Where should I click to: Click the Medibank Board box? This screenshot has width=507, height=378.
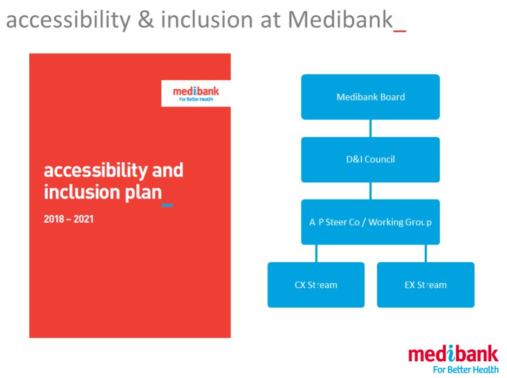(x=370, y=97)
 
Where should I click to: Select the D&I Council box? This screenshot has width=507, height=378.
(x=370, y=160)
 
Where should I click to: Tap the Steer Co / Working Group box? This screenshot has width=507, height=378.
(x=370, y=222)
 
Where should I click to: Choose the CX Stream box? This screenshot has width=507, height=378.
(x=316, y=284)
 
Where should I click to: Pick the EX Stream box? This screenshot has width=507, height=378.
(x=425, y=284)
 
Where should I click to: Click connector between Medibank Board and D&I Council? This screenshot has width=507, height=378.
(x=371, y=128)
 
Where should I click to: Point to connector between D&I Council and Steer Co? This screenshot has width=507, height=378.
(x=371, y=191)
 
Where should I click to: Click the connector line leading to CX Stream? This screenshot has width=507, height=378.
(x=317, y=253)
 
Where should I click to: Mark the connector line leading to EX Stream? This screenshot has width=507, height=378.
(x=425, y=253)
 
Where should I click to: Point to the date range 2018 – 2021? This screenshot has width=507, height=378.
(x=68, y=220)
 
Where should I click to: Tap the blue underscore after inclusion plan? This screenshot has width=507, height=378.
(x=167, y=205)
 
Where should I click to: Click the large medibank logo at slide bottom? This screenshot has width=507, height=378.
(x=453, y=355)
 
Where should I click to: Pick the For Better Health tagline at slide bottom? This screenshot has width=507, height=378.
(x=465, y=370)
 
